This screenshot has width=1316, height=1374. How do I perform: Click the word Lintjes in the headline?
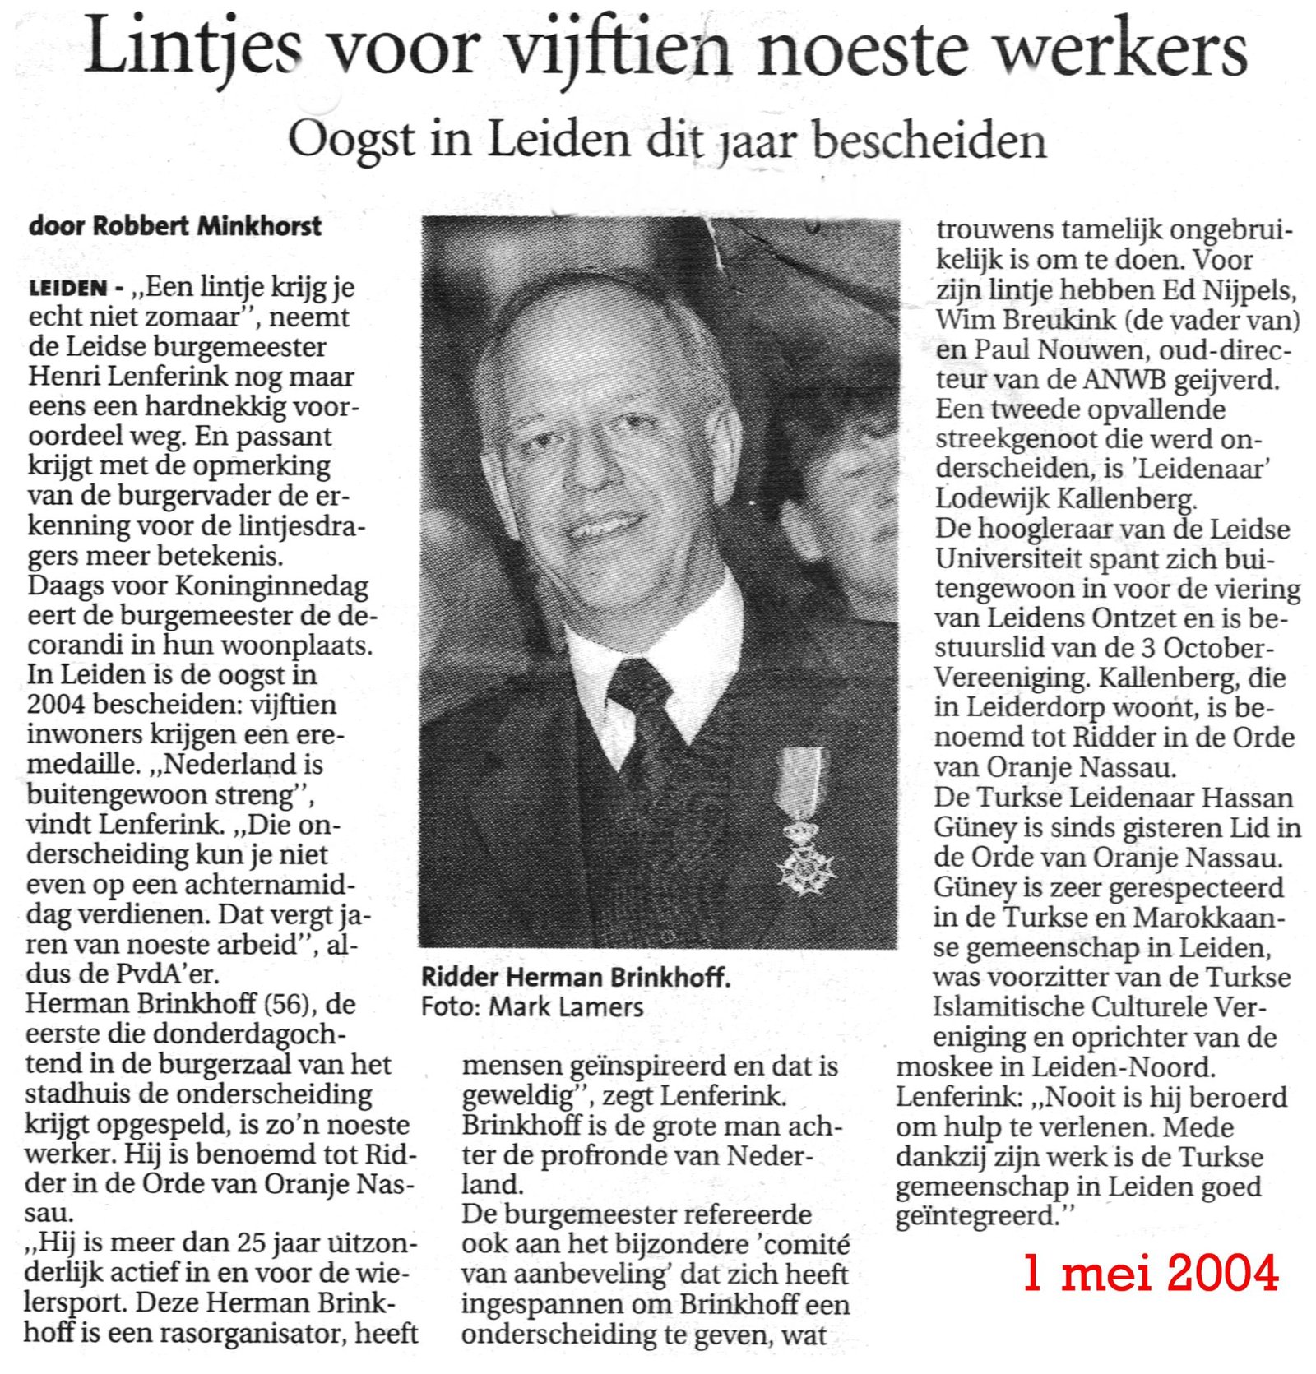194,47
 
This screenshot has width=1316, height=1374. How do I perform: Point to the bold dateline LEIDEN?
67,288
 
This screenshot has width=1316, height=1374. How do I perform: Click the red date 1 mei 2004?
1151,1273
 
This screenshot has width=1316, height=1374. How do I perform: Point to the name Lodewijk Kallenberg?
1066,498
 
